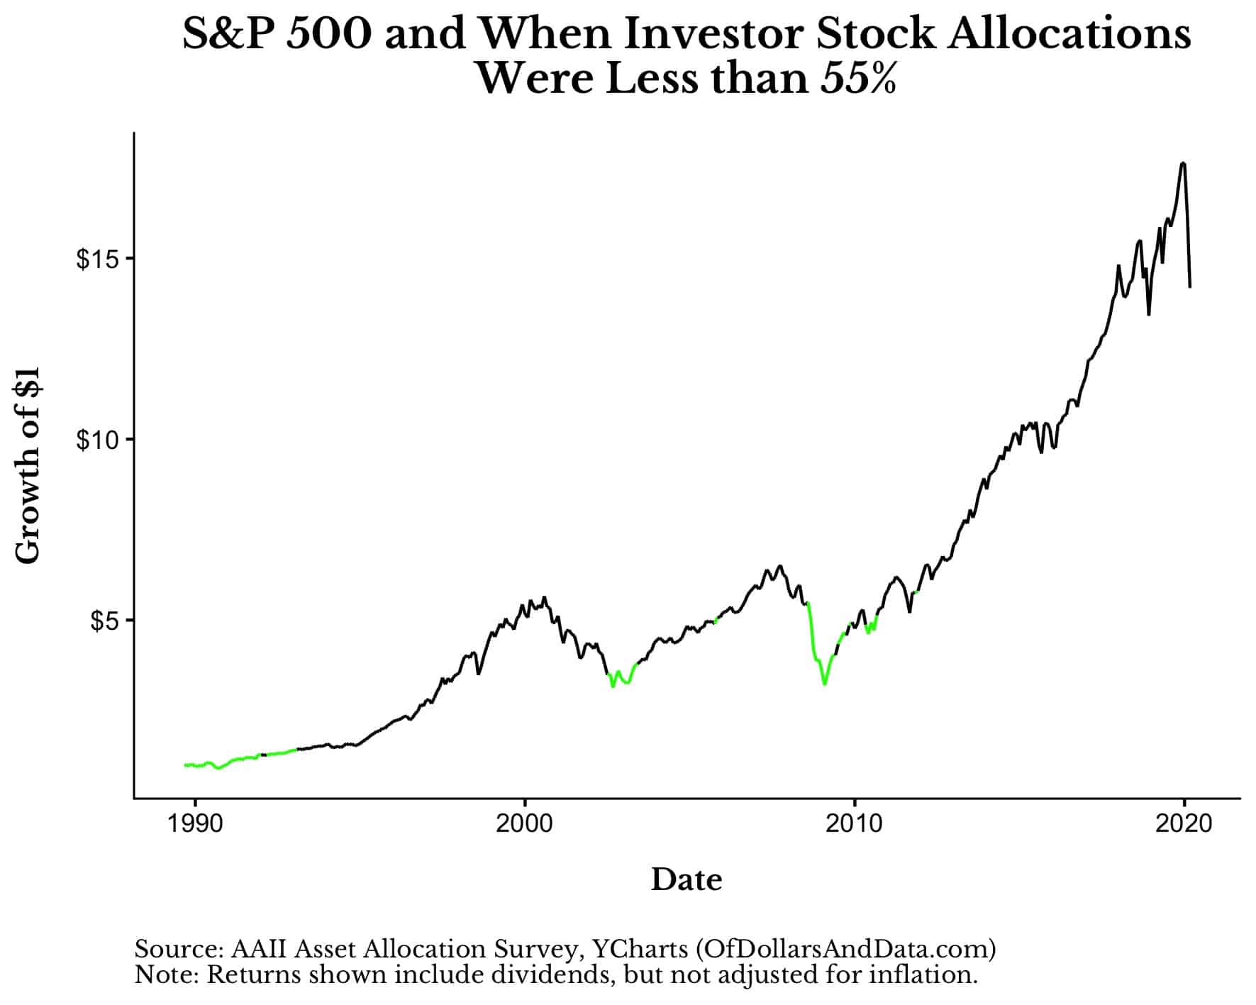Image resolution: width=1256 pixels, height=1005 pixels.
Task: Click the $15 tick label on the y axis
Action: [95, 259]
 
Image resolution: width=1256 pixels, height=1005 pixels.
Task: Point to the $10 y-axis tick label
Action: [95, 440]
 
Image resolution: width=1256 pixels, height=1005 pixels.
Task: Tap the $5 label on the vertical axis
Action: [101, 621]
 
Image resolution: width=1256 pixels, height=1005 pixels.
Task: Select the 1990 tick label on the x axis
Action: [194, 824]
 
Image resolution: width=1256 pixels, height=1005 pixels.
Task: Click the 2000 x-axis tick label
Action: [525, 824]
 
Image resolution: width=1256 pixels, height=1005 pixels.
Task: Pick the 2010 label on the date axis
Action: [855, 824]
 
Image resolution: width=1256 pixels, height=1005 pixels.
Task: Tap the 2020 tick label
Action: [1184, 824]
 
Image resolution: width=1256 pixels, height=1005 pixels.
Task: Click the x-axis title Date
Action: [687, 879]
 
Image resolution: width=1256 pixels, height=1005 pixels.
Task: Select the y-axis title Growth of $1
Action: [28, 465]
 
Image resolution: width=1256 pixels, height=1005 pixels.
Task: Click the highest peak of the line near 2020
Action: [1182, 163]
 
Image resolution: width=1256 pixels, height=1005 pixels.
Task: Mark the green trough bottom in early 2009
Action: [824, 684]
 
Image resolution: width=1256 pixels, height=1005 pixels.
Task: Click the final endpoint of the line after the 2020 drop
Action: [1190, 287]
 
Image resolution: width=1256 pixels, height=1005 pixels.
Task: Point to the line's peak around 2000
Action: [544, 597]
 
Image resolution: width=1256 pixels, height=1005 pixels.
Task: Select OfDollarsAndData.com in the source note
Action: [846, 949]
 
